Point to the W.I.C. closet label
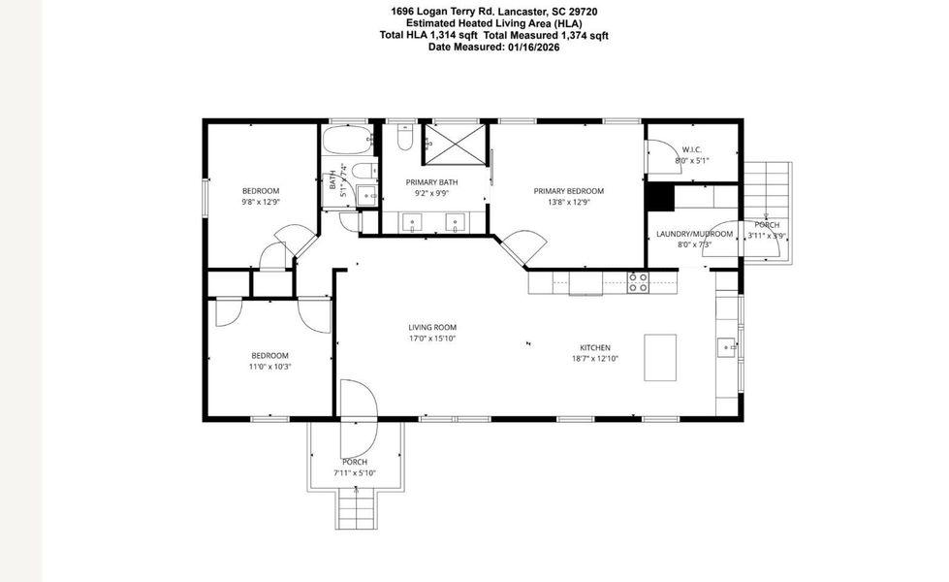(x=691, y=149)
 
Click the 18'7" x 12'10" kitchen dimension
(x=595, y=359)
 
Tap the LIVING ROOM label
(x=432, y=327)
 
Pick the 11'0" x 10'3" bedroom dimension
(x=270, y=367)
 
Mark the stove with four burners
(x=637, y=282)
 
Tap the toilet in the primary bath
(x=406, y=138)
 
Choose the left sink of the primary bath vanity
(x=414, y=223)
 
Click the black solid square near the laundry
(x=659, y=196)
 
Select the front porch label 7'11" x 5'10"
(x=354, y=472)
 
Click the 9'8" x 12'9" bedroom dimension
(x=260, y=202)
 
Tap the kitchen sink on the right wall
(x=727, y=344)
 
